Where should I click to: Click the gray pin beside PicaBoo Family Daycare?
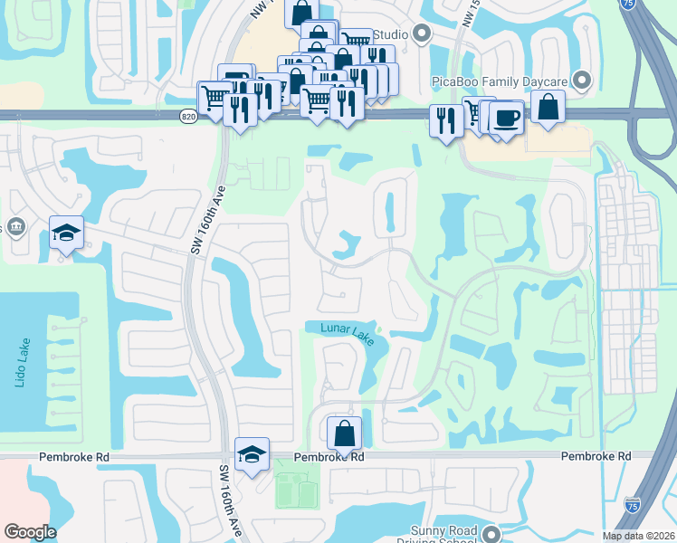pyautogui.click(x=581, y=81)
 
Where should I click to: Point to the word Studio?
pyautogui.click(x=390, y=34)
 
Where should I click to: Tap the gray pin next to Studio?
pyautogui.click(x=421, y=34)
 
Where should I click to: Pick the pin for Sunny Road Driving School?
pyautogui.click(x=491, y=533)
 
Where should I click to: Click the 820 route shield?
pyautogui.click(x=188, y=116)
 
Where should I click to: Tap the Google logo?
pyautogui.click(x=29, y=532)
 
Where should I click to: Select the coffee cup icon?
pyautogui.click(x=507, y=118)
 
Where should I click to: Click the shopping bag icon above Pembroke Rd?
pyautogui.click(x=344, y=433)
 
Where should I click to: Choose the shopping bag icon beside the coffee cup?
pyautogui.click(x=548, y=106)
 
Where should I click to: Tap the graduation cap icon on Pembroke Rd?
pyautogui.click(x=253, y=453)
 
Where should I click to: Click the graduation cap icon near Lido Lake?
pyautogui.click(x=66, y=233)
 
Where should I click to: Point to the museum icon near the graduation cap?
pyautogui.click(x=15, y=225)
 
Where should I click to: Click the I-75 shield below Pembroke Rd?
pyautogui.click(x=633, y=500)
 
